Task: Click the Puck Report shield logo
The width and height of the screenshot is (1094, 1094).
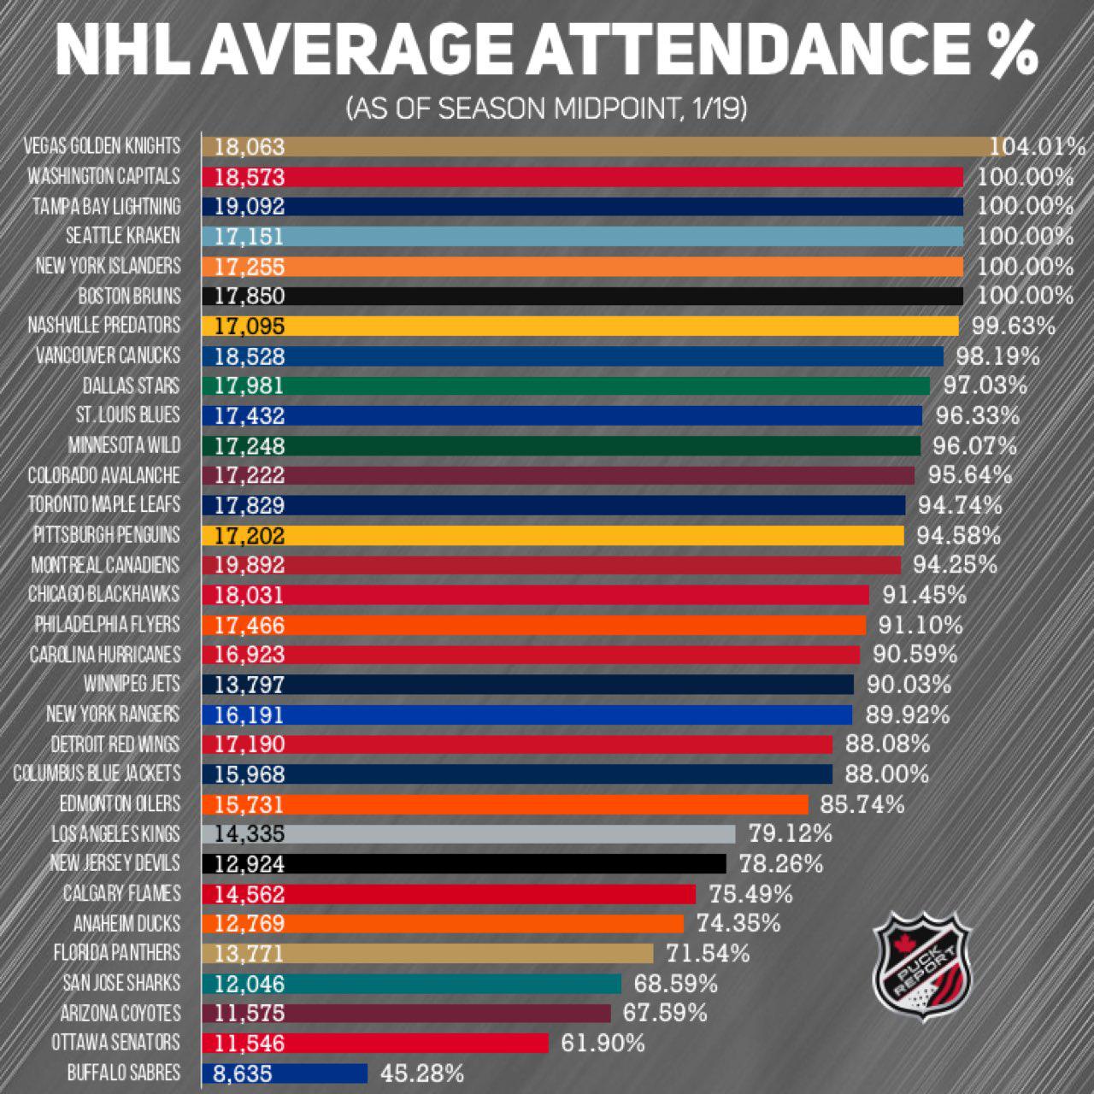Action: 922,966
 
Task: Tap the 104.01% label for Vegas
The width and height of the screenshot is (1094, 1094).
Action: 1038,147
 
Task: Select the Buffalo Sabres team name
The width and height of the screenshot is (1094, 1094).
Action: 124,1073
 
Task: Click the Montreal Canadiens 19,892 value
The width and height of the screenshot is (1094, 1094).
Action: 249,565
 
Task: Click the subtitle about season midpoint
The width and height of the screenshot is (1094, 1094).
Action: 546,109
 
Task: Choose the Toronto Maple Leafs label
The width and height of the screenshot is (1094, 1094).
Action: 104,505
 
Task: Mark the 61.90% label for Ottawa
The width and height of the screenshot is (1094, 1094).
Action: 603,1043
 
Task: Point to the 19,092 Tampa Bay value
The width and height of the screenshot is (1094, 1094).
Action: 249,207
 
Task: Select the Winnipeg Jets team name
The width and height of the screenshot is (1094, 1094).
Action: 132,685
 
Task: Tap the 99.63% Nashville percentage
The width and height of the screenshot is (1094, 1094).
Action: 1013,326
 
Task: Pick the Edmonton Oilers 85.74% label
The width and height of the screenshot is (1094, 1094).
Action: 862,804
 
